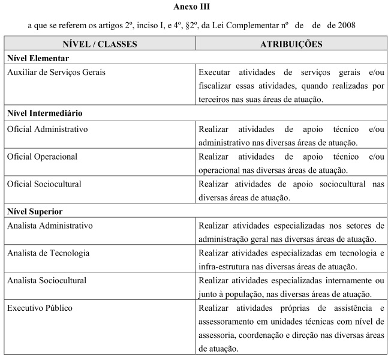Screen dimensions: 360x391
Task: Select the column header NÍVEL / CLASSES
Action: [x=100, y=44]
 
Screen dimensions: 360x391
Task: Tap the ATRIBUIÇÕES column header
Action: [x=291, y=44]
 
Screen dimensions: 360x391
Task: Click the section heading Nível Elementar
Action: [x=38, y=58]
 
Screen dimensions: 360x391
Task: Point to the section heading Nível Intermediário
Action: [x=45, y=113]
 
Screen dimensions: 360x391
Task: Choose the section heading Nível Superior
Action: [x=35, y=211]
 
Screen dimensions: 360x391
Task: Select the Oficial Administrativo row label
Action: [x=48, y=128]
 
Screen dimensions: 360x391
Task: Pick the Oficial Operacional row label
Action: [x=44, y=156]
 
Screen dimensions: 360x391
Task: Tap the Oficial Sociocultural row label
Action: [x=44, y=184]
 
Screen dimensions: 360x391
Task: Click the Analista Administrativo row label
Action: [x=50, y=226]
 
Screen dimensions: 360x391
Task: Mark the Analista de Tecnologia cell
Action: [x=49, y=253]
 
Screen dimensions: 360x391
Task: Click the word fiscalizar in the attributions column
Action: [x=216, y=86]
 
